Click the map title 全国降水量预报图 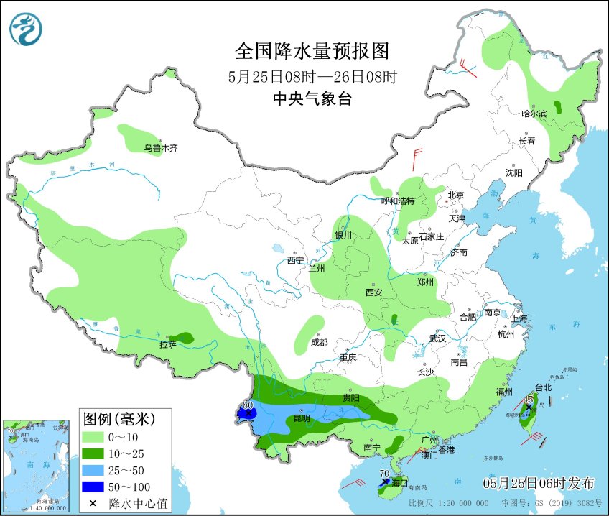coord(312,52)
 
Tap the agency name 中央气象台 coord(312,99)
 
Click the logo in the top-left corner coord(26,29)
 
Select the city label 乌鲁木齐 coord(159,148)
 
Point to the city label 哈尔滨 coord(534,114)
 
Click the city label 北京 coord(456,195)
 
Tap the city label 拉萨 coord(169,345)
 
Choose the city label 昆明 coord(301,418)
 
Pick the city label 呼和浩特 coord(398,201)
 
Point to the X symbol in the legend coord(93,502)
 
